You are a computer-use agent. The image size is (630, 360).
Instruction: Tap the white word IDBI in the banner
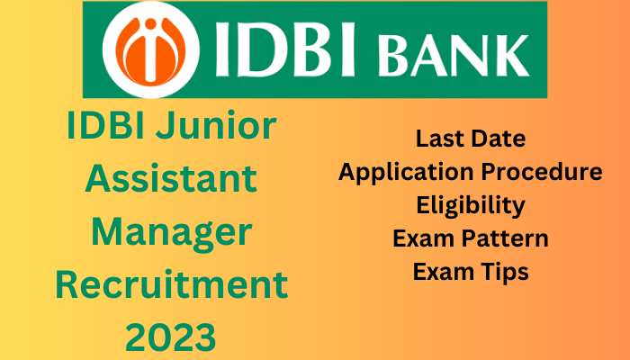[285, 49]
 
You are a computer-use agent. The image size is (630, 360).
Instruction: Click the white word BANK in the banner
[453, 56]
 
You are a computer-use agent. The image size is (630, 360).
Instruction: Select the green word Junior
[216, 125]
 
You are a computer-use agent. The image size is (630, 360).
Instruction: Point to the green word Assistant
[171, 178]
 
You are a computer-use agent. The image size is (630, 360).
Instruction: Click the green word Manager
[172, 234]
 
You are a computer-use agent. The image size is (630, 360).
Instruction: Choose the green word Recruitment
[172, 284]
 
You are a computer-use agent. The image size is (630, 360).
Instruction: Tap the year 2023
[171, 337]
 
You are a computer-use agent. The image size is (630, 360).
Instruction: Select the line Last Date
[471, 139]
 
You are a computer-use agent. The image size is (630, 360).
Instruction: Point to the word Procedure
[542, 172]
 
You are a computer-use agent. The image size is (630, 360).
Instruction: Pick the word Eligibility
[471, 206]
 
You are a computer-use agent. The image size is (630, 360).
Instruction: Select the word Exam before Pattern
[424, 238]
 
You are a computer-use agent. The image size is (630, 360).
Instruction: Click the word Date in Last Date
[499, 139]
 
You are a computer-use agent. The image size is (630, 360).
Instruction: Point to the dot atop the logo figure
[150, 23]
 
